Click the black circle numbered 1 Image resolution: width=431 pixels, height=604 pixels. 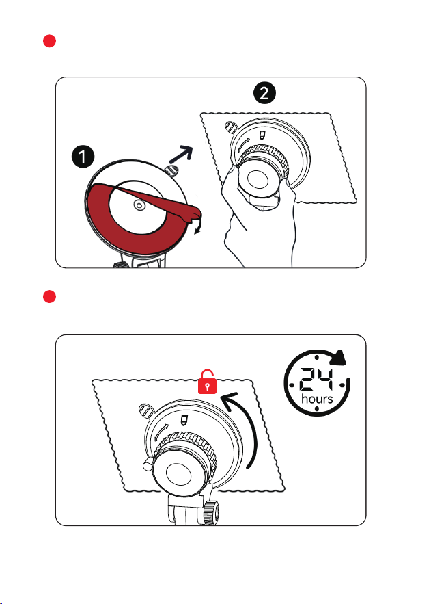(83, 157)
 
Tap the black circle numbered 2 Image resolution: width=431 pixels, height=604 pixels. (264, 93)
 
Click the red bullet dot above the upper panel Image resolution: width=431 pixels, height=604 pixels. (50, 41)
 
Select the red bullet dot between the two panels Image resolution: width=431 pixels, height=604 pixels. (50, 297)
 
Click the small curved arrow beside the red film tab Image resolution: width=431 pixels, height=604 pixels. (198, 226)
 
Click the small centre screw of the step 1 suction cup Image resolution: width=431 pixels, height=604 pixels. (139, 205)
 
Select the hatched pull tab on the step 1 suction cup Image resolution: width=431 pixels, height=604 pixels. (171, 170)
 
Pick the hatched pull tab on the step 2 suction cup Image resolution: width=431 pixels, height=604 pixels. (230, 127)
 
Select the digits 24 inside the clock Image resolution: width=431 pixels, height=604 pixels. (316, 379)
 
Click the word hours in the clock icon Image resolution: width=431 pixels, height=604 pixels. (317, 398)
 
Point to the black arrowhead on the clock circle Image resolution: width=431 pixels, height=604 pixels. (339, 358)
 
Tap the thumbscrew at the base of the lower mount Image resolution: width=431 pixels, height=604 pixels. (212, 512)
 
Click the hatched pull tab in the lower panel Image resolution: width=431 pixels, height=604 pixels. (145, 410)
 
